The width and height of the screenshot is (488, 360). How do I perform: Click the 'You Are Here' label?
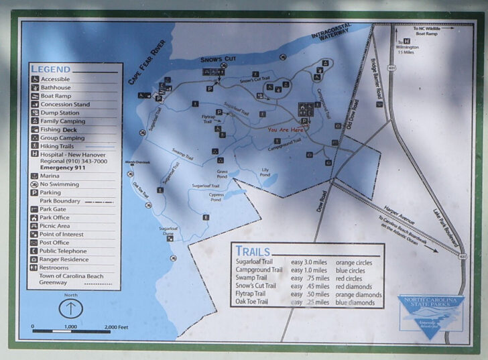coord(286,129)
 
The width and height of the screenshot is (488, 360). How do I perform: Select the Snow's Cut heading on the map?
coord(219,60)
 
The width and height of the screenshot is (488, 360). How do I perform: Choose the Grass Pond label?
coord(222,174)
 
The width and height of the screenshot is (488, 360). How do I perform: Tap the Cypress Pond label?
coord(215,197)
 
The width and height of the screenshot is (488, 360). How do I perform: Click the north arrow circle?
coord(70,308)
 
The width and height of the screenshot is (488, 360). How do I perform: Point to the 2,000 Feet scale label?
coord(116,326)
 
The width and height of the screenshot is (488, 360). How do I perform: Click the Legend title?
coord(50,69)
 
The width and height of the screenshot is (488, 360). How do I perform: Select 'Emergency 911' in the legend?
coord(64,168)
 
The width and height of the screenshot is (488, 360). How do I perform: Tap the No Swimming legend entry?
coord(59,184)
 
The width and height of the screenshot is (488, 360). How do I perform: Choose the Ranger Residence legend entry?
coord(64,259)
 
